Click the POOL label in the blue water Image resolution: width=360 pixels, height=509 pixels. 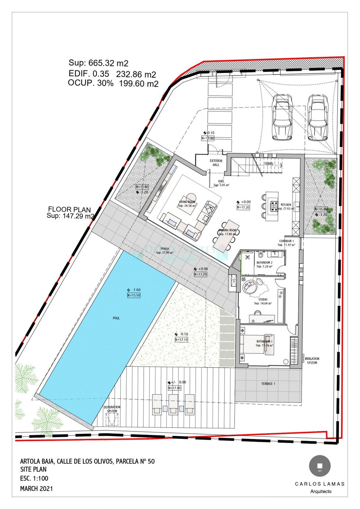point(116,318)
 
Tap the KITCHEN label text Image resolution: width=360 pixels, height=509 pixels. point(286,205)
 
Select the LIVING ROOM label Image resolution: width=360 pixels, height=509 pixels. point(187,202)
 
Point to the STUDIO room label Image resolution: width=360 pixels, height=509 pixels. point(263,299)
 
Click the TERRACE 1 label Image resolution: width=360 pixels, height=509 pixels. point(268,383)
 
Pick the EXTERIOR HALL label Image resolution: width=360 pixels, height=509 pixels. point(216,163)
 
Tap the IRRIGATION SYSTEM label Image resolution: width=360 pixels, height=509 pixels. point(312,361)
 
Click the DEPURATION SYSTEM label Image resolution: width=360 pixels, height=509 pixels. point(112,409)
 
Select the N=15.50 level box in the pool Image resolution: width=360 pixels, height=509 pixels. point(134,295)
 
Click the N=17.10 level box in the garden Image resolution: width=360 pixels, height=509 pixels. point(181,340)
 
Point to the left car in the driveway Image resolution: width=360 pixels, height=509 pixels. point(282,117)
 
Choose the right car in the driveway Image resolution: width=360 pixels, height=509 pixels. point(318,117)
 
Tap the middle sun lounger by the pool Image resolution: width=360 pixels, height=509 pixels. point(173,404)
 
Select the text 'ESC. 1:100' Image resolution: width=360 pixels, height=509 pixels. point(34,478)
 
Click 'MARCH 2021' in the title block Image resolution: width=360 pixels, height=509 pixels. point(36,488)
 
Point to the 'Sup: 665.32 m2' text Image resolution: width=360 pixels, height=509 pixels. point(98,63)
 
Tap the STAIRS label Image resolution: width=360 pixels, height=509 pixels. point(269,164)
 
